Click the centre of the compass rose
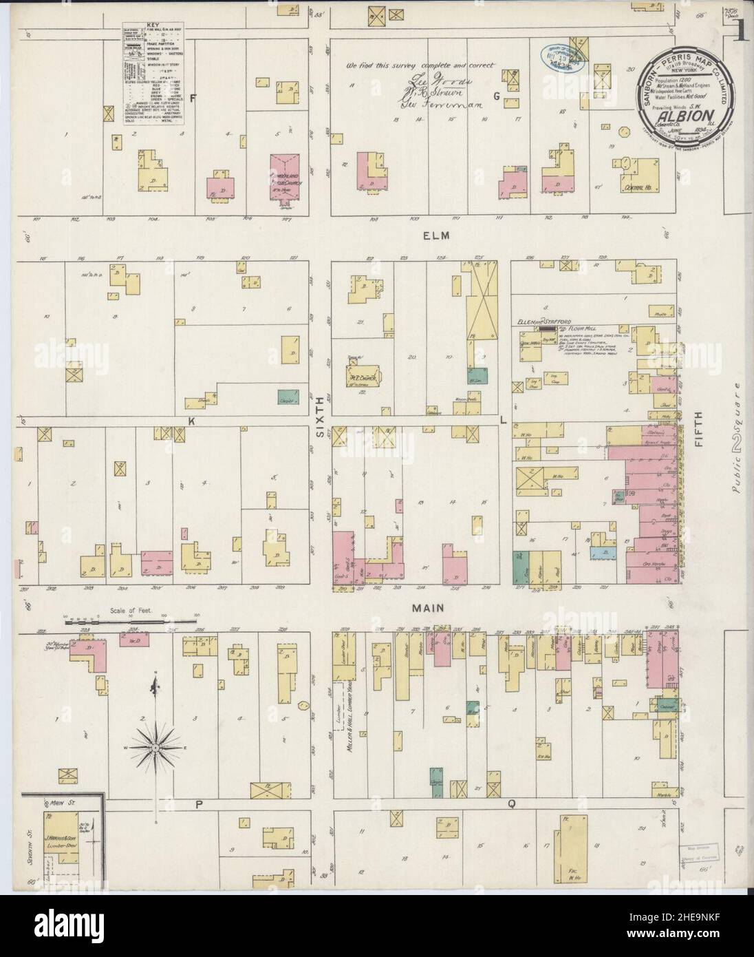156,746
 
